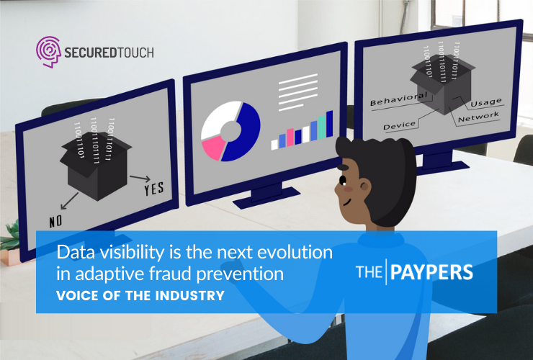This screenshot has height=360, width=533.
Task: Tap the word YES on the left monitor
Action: point(153,189)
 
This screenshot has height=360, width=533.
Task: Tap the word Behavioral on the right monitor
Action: point(398,99)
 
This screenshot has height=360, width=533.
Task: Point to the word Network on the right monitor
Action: point(478,116)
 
